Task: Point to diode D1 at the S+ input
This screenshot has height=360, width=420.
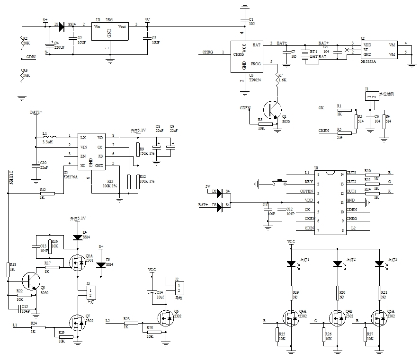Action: click(x=62, y=24)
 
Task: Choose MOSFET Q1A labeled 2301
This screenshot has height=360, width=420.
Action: click(x=77, y=263)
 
